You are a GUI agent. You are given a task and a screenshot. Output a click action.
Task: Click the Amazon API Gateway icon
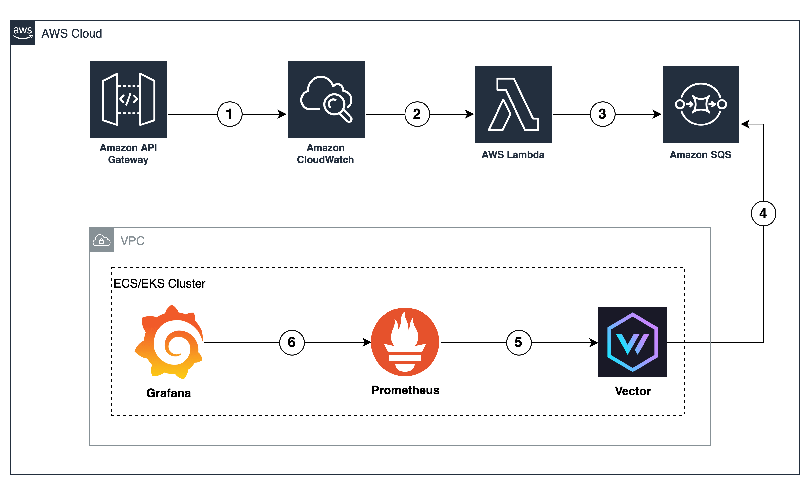click(x=129, y=99)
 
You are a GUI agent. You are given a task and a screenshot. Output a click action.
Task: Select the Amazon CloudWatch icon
click(x=326, y=99)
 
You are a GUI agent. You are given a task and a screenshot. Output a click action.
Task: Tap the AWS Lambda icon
click(x=513, y=104)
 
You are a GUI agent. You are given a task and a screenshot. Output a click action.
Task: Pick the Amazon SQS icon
click(x=700, y=104)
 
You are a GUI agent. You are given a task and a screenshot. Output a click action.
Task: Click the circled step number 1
click(x=229, y=114)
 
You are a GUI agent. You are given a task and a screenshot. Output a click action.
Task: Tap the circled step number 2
click(x=417, y=114)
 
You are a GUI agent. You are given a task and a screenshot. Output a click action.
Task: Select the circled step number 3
click(x=602, y=114)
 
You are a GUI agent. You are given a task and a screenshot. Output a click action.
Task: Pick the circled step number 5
click(x=518, y=342)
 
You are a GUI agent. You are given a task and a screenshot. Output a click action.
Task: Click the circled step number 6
click(x=292, y=342)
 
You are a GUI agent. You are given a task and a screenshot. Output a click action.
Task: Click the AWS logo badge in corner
click(x=23, y=33)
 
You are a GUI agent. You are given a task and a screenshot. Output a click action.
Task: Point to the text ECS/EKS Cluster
click(x=159, y=283)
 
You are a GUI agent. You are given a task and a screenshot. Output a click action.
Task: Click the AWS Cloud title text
click(x=72, y=34)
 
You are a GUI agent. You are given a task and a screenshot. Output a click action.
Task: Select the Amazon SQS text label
click(x=700, y=154)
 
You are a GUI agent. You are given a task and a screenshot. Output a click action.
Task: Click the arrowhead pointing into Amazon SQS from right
click(x=745, y=124)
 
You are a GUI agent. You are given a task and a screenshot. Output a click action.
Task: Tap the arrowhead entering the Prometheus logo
click(x=367, y=342)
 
